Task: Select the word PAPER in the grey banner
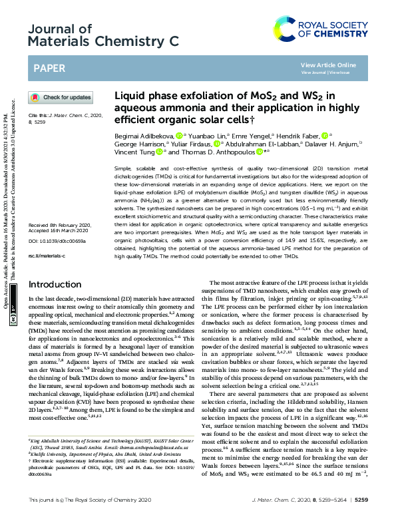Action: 50,68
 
